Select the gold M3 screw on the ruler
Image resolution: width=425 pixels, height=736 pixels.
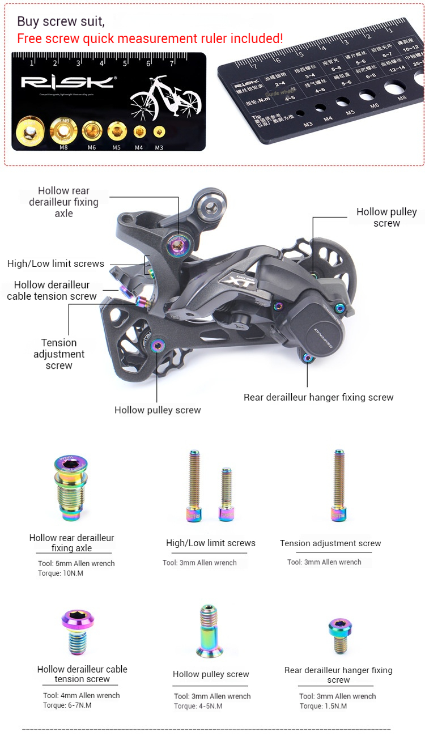pos(159,133)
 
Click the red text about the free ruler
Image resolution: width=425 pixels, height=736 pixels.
pos(150,39)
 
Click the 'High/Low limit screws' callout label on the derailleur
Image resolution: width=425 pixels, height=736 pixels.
pos(56,263)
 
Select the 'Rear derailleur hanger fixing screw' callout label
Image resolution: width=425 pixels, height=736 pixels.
pos(318,397)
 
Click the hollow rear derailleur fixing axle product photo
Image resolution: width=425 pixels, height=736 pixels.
pos(71,488)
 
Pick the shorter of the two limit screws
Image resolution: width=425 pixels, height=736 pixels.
pos(226,494)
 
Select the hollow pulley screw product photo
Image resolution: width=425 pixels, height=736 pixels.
pos(209,631)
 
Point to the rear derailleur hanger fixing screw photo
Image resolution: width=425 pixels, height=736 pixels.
pos(339,635)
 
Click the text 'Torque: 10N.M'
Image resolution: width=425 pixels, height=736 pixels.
pos(62,573)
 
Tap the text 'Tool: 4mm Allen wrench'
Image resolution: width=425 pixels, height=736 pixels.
pos(82,695)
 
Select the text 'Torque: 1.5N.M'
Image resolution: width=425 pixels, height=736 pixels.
pos(323,706)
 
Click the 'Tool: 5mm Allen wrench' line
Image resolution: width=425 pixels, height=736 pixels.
pos(76,563)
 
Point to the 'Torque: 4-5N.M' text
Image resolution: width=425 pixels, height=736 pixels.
pos(198,706)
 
